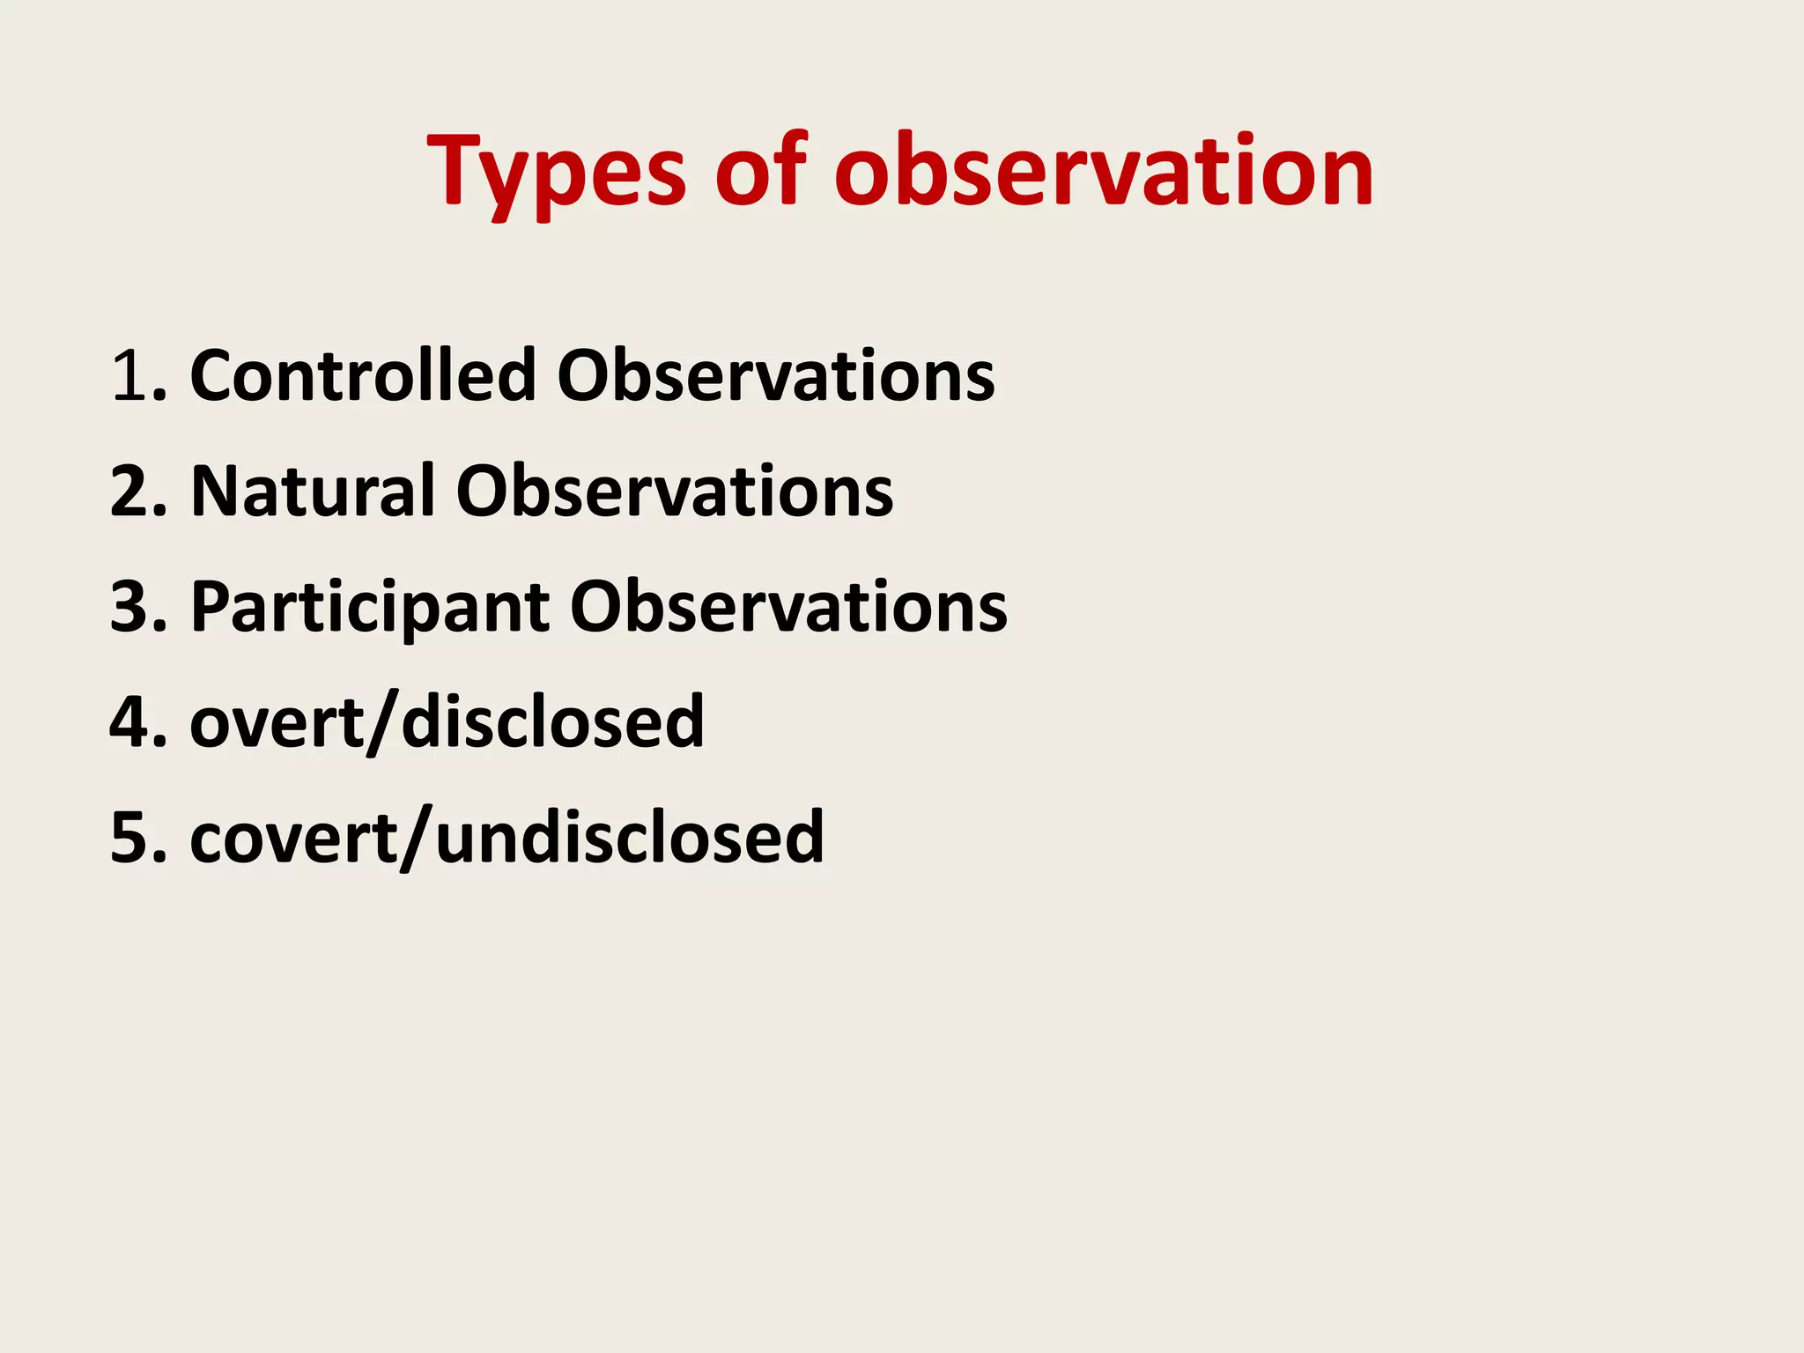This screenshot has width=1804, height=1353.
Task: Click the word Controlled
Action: point(363,375)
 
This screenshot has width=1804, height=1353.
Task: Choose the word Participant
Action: point(370,608)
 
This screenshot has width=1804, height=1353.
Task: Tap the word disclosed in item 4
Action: point(552,722)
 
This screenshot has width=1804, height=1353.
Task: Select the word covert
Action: point(294,838)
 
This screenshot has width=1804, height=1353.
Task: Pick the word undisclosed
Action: point(630,838)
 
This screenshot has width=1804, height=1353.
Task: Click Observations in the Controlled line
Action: point(776,375)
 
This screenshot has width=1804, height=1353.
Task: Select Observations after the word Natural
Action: point(675,491)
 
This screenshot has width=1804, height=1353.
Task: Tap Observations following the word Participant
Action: point(788,608)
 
